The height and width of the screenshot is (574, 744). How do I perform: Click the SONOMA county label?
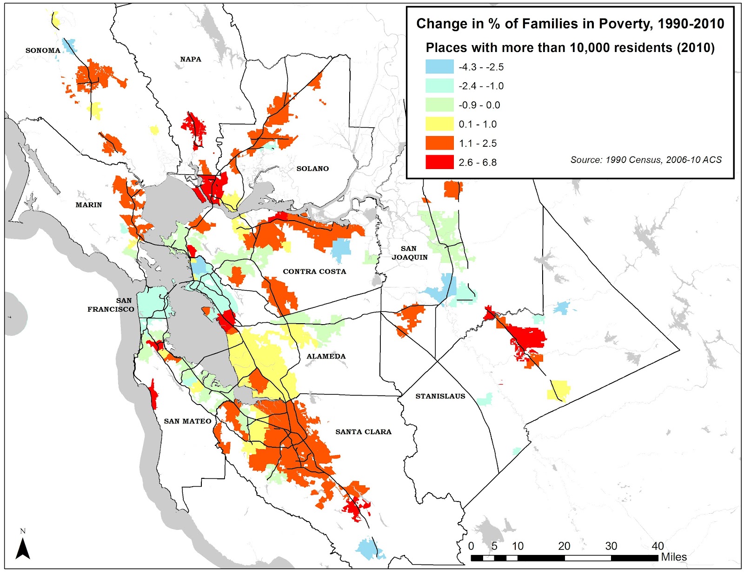click(43, 50)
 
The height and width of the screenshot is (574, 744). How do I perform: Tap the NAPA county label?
click(191, 59)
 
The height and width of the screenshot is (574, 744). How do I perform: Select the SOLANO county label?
click(312, 169)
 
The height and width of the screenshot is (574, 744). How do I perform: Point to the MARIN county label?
click(89, 205)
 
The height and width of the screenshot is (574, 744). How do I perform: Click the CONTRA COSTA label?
click(314, 271)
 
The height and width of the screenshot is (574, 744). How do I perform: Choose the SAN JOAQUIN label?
click(409, 253)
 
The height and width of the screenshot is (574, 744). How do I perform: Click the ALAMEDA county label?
click(326, 356)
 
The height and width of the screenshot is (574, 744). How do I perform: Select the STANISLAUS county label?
click(440, 396)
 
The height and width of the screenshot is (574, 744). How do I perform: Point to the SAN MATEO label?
click(187, 421)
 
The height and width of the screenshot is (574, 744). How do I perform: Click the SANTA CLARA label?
click(363, 432)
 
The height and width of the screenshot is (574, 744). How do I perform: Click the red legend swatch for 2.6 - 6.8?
click(439, 162)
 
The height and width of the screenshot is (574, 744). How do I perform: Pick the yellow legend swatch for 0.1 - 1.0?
click(439, 124)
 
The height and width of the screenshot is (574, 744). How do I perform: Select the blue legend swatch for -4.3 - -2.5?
click(439, 67)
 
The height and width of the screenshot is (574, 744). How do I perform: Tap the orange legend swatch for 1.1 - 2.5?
click(439, 143)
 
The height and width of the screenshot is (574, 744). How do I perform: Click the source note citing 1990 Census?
click(646, 160)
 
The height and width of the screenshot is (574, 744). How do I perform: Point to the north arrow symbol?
click(23, 548)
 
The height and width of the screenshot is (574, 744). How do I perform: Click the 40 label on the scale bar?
click(657, 546)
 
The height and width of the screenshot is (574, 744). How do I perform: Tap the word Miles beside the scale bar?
click(674, 557)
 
